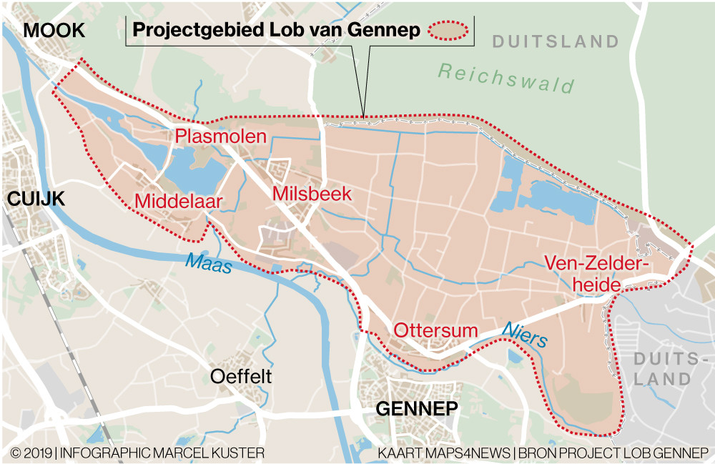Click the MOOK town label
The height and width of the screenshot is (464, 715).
54,31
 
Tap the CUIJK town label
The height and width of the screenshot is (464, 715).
35,199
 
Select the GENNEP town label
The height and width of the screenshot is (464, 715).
416,409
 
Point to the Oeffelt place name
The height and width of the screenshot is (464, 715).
241,377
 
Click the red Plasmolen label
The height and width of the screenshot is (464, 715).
221,137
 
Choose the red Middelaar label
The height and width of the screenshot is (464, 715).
178,202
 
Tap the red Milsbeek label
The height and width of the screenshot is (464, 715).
311,194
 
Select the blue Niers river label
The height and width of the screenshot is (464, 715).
524,333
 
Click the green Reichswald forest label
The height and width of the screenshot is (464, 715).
506,78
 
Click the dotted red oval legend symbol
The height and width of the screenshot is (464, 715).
448,30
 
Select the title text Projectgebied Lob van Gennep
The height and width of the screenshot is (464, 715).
275,31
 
